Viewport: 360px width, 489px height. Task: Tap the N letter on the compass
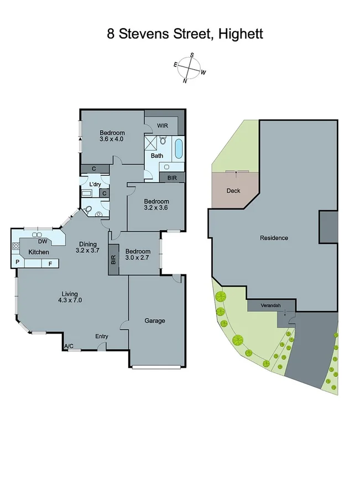coord(185,81)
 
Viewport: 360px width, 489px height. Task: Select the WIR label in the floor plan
coord(162,126)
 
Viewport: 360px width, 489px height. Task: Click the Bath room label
coord(158,155)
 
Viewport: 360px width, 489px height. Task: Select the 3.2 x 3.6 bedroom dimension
coord(155,208)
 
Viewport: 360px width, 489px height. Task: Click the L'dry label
coord(95,184)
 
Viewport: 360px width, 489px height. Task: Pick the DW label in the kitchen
coord(42,241)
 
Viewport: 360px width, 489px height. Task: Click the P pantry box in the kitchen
coord(18,262)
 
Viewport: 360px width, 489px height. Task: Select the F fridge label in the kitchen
coord(50,263)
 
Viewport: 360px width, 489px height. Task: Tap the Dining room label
coord(87,244)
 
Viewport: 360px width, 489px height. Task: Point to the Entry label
coord(102,336)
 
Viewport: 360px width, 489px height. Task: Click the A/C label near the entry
coord(69,346)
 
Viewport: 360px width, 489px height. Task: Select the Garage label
coord(155,320)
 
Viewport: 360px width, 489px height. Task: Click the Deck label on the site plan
coord(233,191)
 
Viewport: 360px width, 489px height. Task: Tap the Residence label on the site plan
coord(274,238)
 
